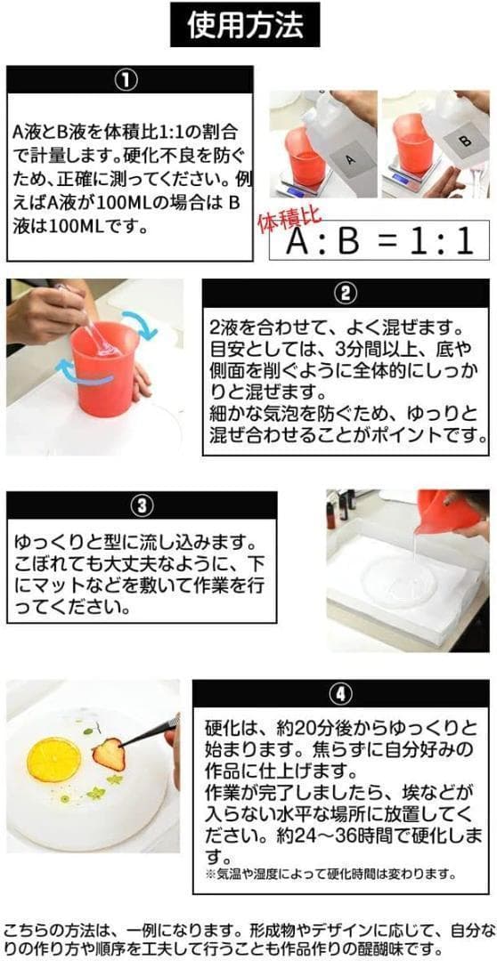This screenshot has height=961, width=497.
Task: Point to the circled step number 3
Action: point(142,506)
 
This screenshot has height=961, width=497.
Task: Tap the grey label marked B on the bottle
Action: point(463,140)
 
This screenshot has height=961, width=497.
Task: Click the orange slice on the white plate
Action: point(53,759)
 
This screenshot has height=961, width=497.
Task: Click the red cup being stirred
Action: point(104,371)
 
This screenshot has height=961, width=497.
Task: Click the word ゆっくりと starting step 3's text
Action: point(54,540)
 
